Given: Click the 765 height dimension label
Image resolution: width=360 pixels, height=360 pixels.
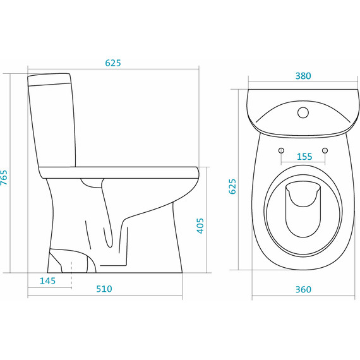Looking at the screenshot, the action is click(4, 177).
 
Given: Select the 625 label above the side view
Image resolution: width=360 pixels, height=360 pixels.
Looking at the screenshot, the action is click(113, 63).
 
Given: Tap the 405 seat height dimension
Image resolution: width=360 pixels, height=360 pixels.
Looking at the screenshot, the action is click(200, 225).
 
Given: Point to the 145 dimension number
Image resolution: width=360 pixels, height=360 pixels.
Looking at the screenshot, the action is click(48, 281).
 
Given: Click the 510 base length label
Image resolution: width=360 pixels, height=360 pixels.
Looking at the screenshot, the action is click(104, 289).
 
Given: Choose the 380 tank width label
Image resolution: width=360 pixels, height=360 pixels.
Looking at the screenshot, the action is click(303, 76).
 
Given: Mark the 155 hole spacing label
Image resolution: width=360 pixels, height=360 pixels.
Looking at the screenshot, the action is click(304, 157).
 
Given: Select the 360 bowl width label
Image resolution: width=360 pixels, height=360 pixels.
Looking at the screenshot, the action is click(303, 289).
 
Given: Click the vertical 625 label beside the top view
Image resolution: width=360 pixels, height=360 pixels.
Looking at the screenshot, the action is click(232, 186).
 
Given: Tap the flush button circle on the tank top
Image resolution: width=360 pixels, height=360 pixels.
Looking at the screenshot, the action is click(303, 112).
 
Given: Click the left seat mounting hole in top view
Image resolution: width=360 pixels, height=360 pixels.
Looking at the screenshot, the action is click(281, 150).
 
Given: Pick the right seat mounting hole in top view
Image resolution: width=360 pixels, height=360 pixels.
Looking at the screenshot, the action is click(325, 150).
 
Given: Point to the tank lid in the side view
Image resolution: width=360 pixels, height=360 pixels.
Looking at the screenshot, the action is click(49, 79).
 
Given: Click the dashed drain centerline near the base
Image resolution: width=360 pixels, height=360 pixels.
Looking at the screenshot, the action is click(71, 275).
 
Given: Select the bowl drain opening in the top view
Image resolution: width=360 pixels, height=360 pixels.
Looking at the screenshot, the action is click(303, 209).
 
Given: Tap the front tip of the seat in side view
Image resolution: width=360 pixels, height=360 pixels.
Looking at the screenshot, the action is click(198, 172).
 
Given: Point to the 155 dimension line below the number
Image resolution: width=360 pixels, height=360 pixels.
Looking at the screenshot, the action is click(303, 162).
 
